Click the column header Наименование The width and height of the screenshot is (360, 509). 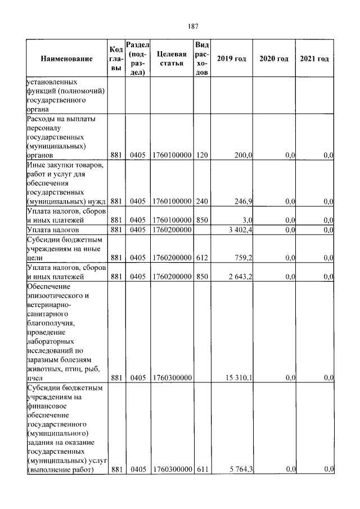point(66,59)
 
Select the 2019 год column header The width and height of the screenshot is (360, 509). point(232,59)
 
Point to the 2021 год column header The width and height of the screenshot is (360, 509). point(314,59)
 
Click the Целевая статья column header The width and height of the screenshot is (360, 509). point(171,58)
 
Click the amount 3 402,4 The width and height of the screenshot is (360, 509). point(239,230)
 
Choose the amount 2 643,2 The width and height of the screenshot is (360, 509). point(239,277)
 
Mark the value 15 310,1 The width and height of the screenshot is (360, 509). point(237,379)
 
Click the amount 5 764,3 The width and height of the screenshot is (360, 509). point(239,469)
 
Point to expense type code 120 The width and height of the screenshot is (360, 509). point(202,155)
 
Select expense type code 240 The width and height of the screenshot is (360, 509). point(202,201)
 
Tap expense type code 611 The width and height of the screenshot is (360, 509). point(202,469)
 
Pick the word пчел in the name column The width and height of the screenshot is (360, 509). point(35,379)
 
